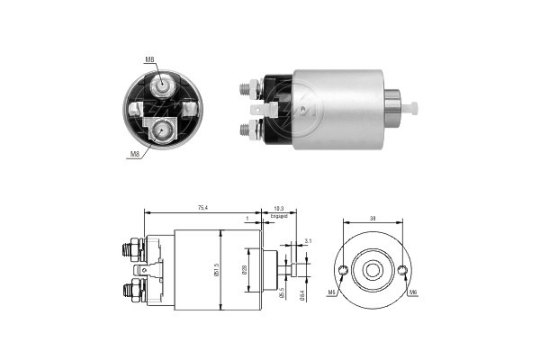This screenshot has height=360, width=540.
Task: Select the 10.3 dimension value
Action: [279, 208]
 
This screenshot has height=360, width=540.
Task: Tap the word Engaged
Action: [279, 217]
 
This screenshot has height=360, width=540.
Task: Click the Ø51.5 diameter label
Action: [216, 269]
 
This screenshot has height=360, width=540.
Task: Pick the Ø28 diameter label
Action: [245, 269]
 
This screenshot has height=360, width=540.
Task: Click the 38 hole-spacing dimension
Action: [371, 217]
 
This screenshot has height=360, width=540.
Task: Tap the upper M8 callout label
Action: [149, 59]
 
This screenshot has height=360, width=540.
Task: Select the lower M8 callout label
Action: [134, 154]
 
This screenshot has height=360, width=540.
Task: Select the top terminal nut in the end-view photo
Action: [163, 85]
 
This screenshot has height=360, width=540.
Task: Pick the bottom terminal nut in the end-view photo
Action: [163, 130]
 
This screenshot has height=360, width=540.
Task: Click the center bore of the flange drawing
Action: [372, 269]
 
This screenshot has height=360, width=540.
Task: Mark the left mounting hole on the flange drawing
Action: [342, 270]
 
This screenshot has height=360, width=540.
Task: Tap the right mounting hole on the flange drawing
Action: [401, 270]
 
